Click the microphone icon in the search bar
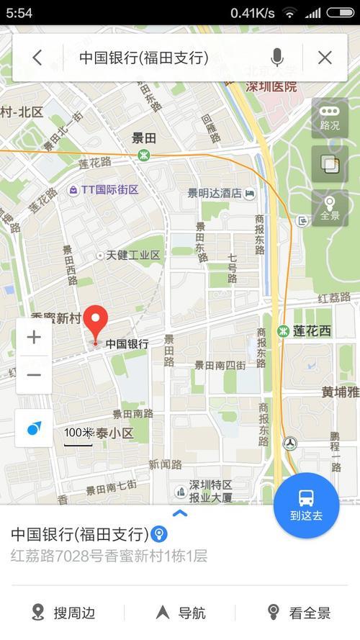click(x=276, y=58)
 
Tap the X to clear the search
click(x=325, y=58)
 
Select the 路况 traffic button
click(x=330, y=118)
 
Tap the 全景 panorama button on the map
click(x=330, y=208)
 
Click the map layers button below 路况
click(x=330, y=164)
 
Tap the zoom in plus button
click(x=34, y=337)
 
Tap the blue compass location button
click(x=34, y=428)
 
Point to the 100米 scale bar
click(x=78, y=436)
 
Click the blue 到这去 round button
click(x=306, y=504)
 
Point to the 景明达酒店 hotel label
click(x=215, y=193)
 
